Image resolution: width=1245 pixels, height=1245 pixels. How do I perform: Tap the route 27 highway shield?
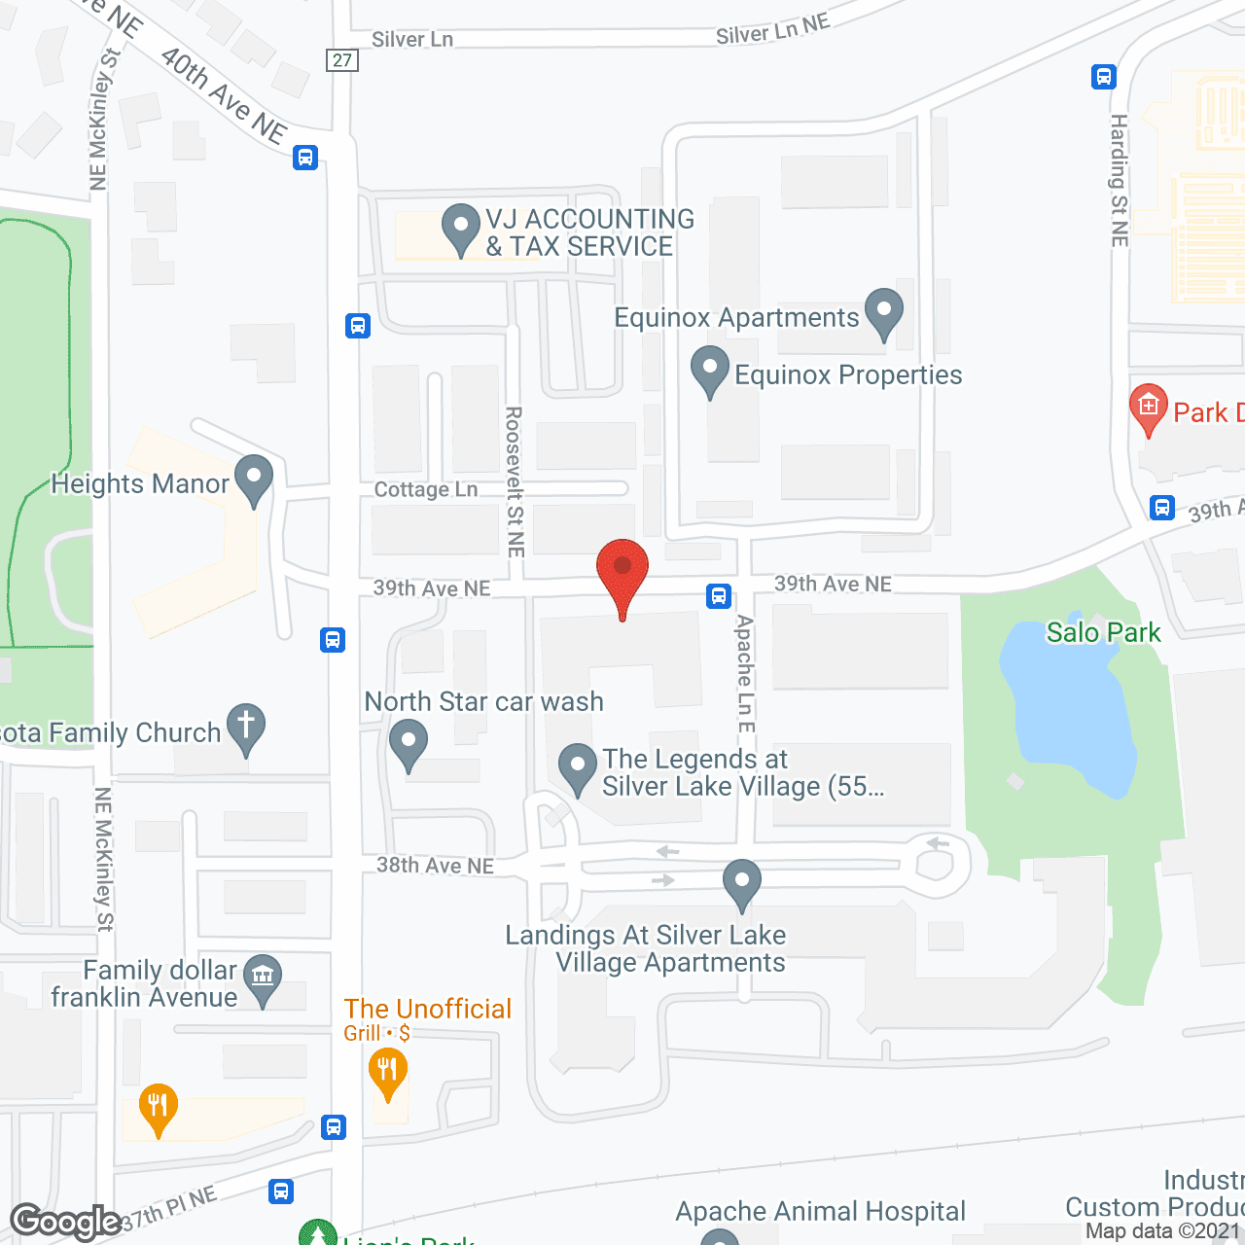click(x=342, y=60)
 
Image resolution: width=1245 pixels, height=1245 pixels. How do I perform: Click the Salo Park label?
click(x=1103, y=632)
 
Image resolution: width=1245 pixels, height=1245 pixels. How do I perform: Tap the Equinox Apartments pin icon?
click(x=883, y=312)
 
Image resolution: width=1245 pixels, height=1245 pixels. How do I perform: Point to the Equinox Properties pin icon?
click(x=709, y=370)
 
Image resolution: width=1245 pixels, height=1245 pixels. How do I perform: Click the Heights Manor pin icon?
click(x=254, y=479)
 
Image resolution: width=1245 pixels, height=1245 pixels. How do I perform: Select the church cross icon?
click(x=246, y=727)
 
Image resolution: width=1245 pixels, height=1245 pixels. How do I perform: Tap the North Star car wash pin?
click(x=409, y=742)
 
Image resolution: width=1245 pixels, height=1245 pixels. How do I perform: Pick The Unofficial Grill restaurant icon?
click(x=387, y=1072)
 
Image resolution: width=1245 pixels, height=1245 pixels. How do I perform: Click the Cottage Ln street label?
click(x=426, y=489)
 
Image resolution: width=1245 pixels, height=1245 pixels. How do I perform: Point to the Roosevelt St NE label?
click(x=515, y=481)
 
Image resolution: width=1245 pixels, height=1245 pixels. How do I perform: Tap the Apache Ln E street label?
click(x=745, y=673)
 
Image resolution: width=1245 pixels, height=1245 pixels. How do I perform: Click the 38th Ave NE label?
click(x=435, y=865)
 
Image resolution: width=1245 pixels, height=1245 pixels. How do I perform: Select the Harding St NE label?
click(x=1119, y=180)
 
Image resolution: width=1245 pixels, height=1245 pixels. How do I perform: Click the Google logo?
click(x=65, y=1222)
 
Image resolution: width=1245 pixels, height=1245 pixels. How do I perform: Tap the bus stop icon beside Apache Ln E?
click(x=719, y=595)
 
